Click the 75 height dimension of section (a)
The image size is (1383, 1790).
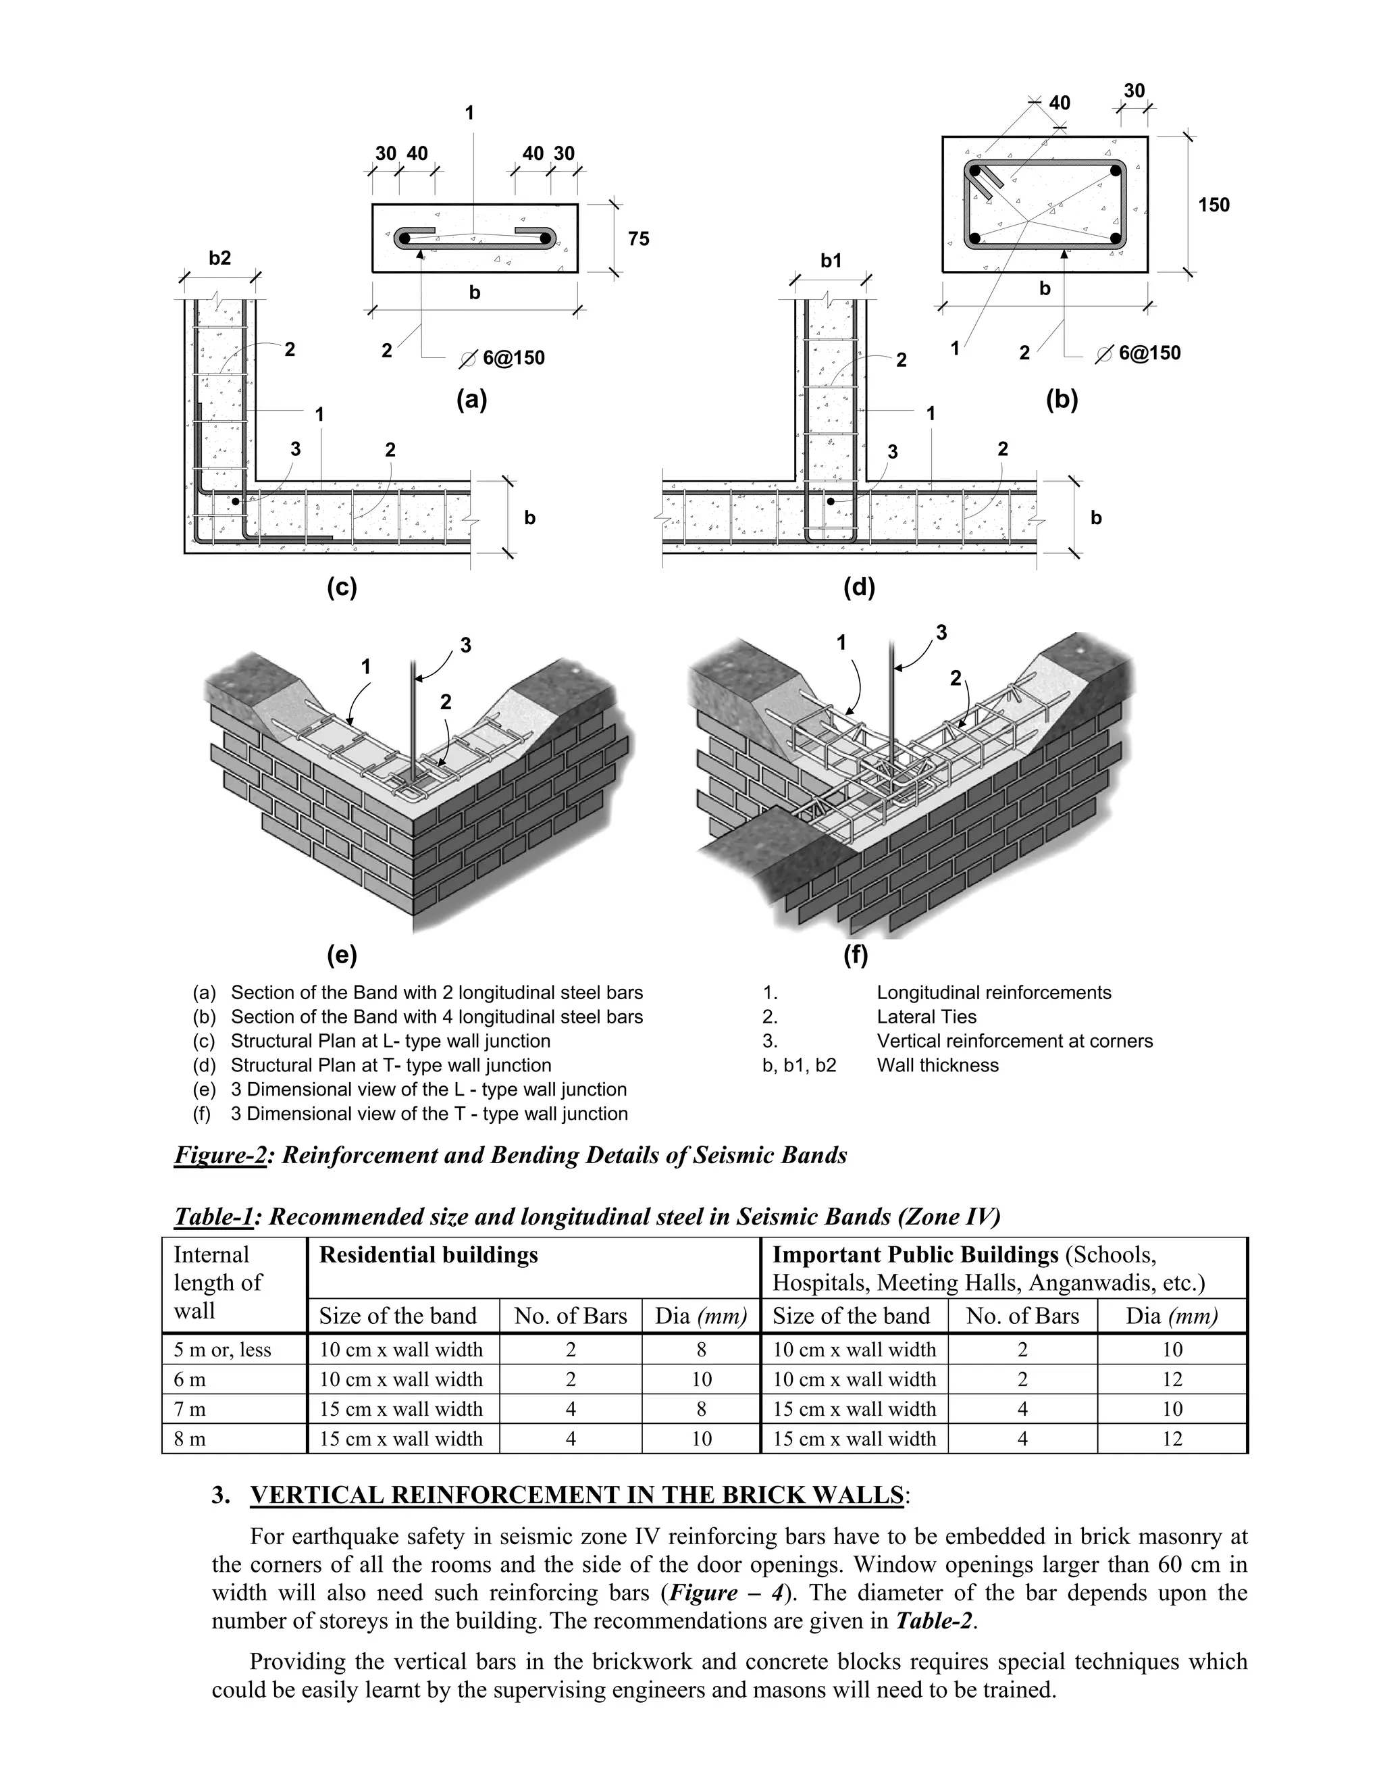(638, 238)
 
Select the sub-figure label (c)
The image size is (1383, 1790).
(342, 588)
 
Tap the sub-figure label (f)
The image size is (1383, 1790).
(856, 955)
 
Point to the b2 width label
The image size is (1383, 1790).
(219, 258)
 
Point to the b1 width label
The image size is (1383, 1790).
(831, 261)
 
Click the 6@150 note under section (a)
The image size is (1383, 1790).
(512, 358)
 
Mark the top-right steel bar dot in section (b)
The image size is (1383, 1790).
(1115, 172)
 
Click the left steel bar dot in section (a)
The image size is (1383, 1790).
(404, 238)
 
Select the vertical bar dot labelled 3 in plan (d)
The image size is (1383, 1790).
(830, 501)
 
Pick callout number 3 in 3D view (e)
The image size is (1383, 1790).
(465, 645)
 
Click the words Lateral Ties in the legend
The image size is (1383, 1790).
(927, 1017)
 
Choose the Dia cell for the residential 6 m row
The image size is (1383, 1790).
(702, 1379)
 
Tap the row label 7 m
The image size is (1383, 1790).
(189, 1409)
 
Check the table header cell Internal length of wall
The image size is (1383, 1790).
(218, 1283)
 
